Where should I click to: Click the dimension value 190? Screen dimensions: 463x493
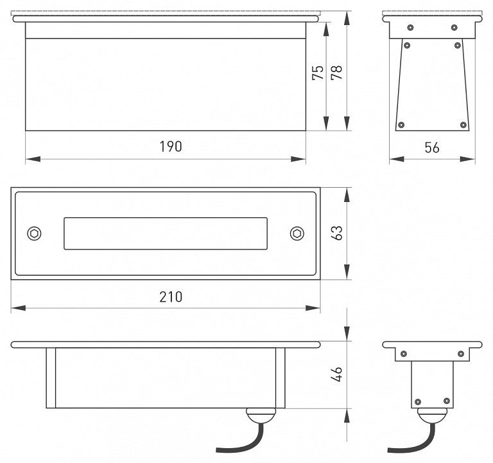pos(171,147)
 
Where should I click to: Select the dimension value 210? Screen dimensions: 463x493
pos(171,296)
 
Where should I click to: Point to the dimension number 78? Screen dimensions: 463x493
pos(336,73)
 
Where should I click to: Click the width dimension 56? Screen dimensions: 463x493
pos(432,147)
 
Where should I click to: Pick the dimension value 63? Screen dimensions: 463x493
pos(337,233)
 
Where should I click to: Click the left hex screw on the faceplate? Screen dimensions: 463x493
pos(33,233)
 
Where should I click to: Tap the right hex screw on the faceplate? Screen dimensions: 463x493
pos(297,233)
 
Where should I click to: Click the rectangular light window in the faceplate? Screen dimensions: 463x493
pos(165,233)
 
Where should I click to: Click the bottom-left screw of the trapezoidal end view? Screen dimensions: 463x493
pos(402,124)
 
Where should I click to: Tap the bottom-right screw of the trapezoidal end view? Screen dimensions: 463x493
pos(463,124)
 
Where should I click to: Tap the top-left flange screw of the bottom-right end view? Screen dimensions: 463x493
pos(404,353)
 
